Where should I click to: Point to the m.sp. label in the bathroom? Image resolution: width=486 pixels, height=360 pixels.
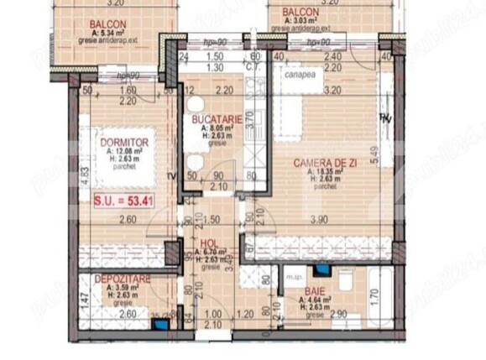(294, 275)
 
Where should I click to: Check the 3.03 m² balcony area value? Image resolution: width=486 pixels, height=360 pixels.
(306, 19)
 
